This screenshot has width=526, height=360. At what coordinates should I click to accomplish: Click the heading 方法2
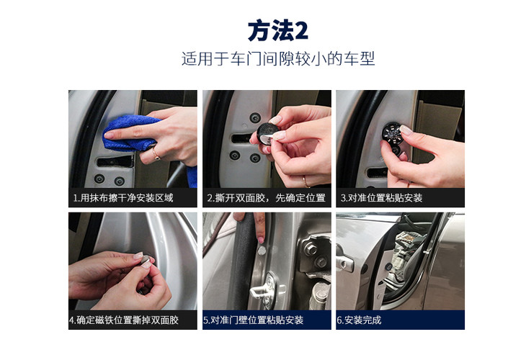277,30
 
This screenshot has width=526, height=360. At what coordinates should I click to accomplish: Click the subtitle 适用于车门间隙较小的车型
277,58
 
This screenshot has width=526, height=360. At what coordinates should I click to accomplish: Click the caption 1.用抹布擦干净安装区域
123,198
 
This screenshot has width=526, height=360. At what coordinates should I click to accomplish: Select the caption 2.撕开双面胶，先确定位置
267,198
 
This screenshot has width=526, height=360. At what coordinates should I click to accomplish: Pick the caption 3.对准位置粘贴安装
381,198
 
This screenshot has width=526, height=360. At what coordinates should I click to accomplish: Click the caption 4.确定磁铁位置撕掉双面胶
124,320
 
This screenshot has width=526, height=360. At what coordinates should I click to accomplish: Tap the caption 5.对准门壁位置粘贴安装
253,320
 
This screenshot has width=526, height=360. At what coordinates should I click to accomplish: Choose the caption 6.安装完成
359,320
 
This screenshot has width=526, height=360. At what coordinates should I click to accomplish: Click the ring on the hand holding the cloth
156,155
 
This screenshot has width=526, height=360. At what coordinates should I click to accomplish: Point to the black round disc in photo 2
267,132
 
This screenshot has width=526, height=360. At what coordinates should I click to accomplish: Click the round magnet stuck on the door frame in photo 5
262,251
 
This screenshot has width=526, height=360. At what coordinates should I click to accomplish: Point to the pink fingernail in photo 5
260,240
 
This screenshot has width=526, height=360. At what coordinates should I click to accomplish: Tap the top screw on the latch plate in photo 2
255,117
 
